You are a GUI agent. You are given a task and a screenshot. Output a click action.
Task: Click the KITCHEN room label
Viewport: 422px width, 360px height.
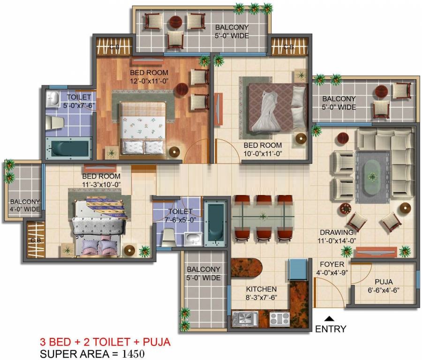click(x=261, y=289)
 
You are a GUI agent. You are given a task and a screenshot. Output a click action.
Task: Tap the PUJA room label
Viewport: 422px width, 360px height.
click(x=384, y=282)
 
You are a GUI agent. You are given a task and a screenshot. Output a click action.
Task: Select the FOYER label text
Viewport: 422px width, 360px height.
click(x=332, y=264)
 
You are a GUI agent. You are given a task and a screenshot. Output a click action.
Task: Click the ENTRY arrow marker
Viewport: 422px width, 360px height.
click(x=329, y=319)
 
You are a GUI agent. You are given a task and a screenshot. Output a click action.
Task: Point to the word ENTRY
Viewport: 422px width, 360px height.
click(x=331, y=329)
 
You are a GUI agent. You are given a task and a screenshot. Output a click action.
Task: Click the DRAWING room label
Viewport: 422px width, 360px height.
click(x=336, y=232)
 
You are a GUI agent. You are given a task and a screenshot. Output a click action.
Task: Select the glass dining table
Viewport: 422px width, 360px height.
click(x=263, y=216)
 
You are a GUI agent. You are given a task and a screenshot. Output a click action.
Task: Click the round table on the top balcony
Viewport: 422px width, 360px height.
click(x=175, y=22)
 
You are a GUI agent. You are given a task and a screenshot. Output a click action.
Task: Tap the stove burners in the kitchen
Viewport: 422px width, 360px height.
click(x=279, y=319)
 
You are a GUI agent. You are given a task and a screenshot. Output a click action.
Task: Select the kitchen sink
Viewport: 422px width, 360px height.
click(x=245, y=319)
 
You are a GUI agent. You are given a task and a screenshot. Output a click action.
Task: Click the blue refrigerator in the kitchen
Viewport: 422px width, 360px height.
click(x=298, y=270)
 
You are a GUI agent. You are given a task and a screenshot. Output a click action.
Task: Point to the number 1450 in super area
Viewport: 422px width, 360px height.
click(x=133, y=353)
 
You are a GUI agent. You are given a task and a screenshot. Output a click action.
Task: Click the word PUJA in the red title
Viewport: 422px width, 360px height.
click(x=156, y=342)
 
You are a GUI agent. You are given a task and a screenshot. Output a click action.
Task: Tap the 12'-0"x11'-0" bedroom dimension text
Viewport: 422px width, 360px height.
click(x=149, y=81)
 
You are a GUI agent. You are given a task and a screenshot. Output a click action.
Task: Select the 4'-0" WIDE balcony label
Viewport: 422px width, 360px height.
click(x=25, y=209)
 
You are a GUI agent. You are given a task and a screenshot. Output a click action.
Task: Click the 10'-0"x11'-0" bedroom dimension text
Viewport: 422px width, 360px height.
click(x=263, y=154)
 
